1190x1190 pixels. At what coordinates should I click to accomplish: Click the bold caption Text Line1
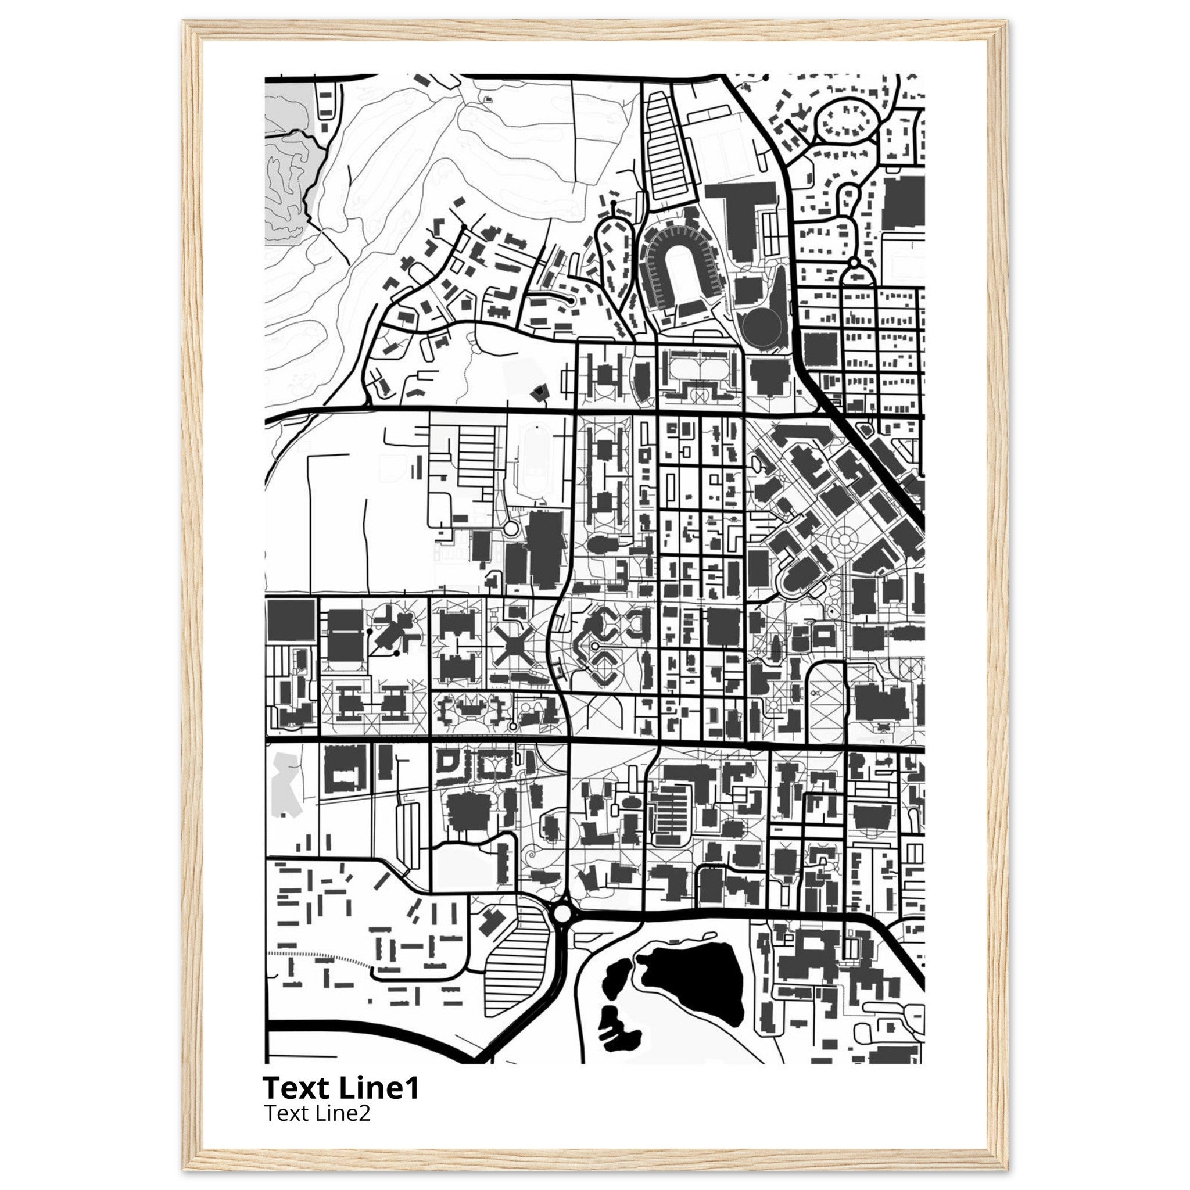click(340, 1088)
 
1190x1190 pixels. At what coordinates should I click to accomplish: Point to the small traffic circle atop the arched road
click(854, 264)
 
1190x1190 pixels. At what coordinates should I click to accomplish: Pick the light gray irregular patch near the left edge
click(286, 782)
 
